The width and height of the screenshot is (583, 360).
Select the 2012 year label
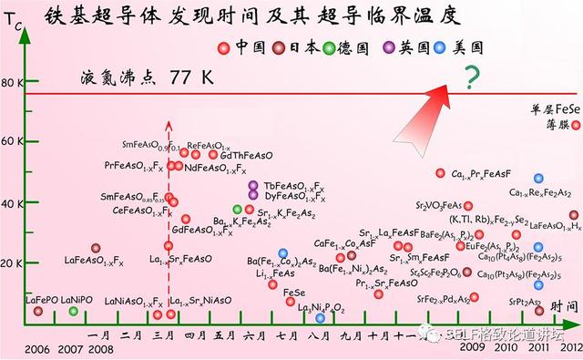click(570, 347)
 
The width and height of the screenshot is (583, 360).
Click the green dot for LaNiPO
click(74, 312)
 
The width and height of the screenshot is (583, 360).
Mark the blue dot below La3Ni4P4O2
click(320, 318)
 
